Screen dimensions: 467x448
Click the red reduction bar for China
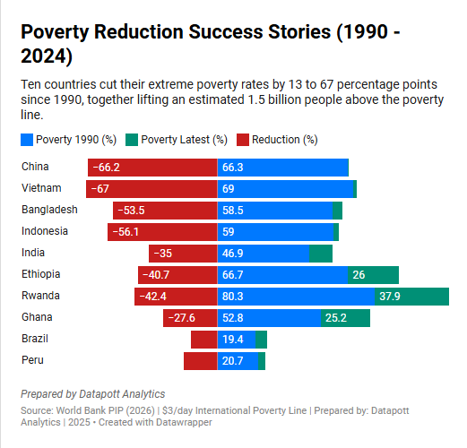[152, 168]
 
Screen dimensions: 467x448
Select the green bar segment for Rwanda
[411, 297]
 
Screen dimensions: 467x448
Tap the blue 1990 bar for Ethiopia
[282, 275]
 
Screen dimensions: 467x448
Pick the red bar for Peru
[201, 361]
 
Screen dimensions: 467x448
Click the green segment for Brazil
[261, 340]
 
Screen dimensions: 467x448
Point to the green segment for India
[321, 254]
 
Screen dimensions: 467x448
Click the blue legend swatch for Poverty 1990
[27, 140]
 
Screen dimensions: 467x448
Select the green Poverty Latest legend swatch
[132, 140]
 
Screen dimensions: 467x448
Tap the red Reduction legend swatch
[243, 140]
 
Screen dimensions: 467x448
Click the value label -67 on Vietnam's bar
[100, 189]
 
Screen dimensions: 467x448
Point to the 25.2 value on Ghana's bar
[336, 318]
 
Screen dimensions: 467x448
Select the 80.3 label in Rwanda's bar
[233, 297]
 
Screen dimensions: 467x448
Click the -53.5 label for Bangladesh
[131, 211]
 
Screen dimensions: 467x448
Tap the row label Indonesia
[45, 231]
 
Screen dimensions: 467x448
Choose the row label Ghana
[37, 317]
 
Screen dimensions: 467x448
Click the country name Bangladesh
[49, 210]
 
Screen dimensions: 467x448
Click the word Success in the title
[226, 31]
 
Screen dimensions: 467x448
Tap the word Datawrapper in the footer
[184, 422]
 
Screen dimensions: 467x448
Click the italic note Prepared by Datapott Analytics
[93, 394]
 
